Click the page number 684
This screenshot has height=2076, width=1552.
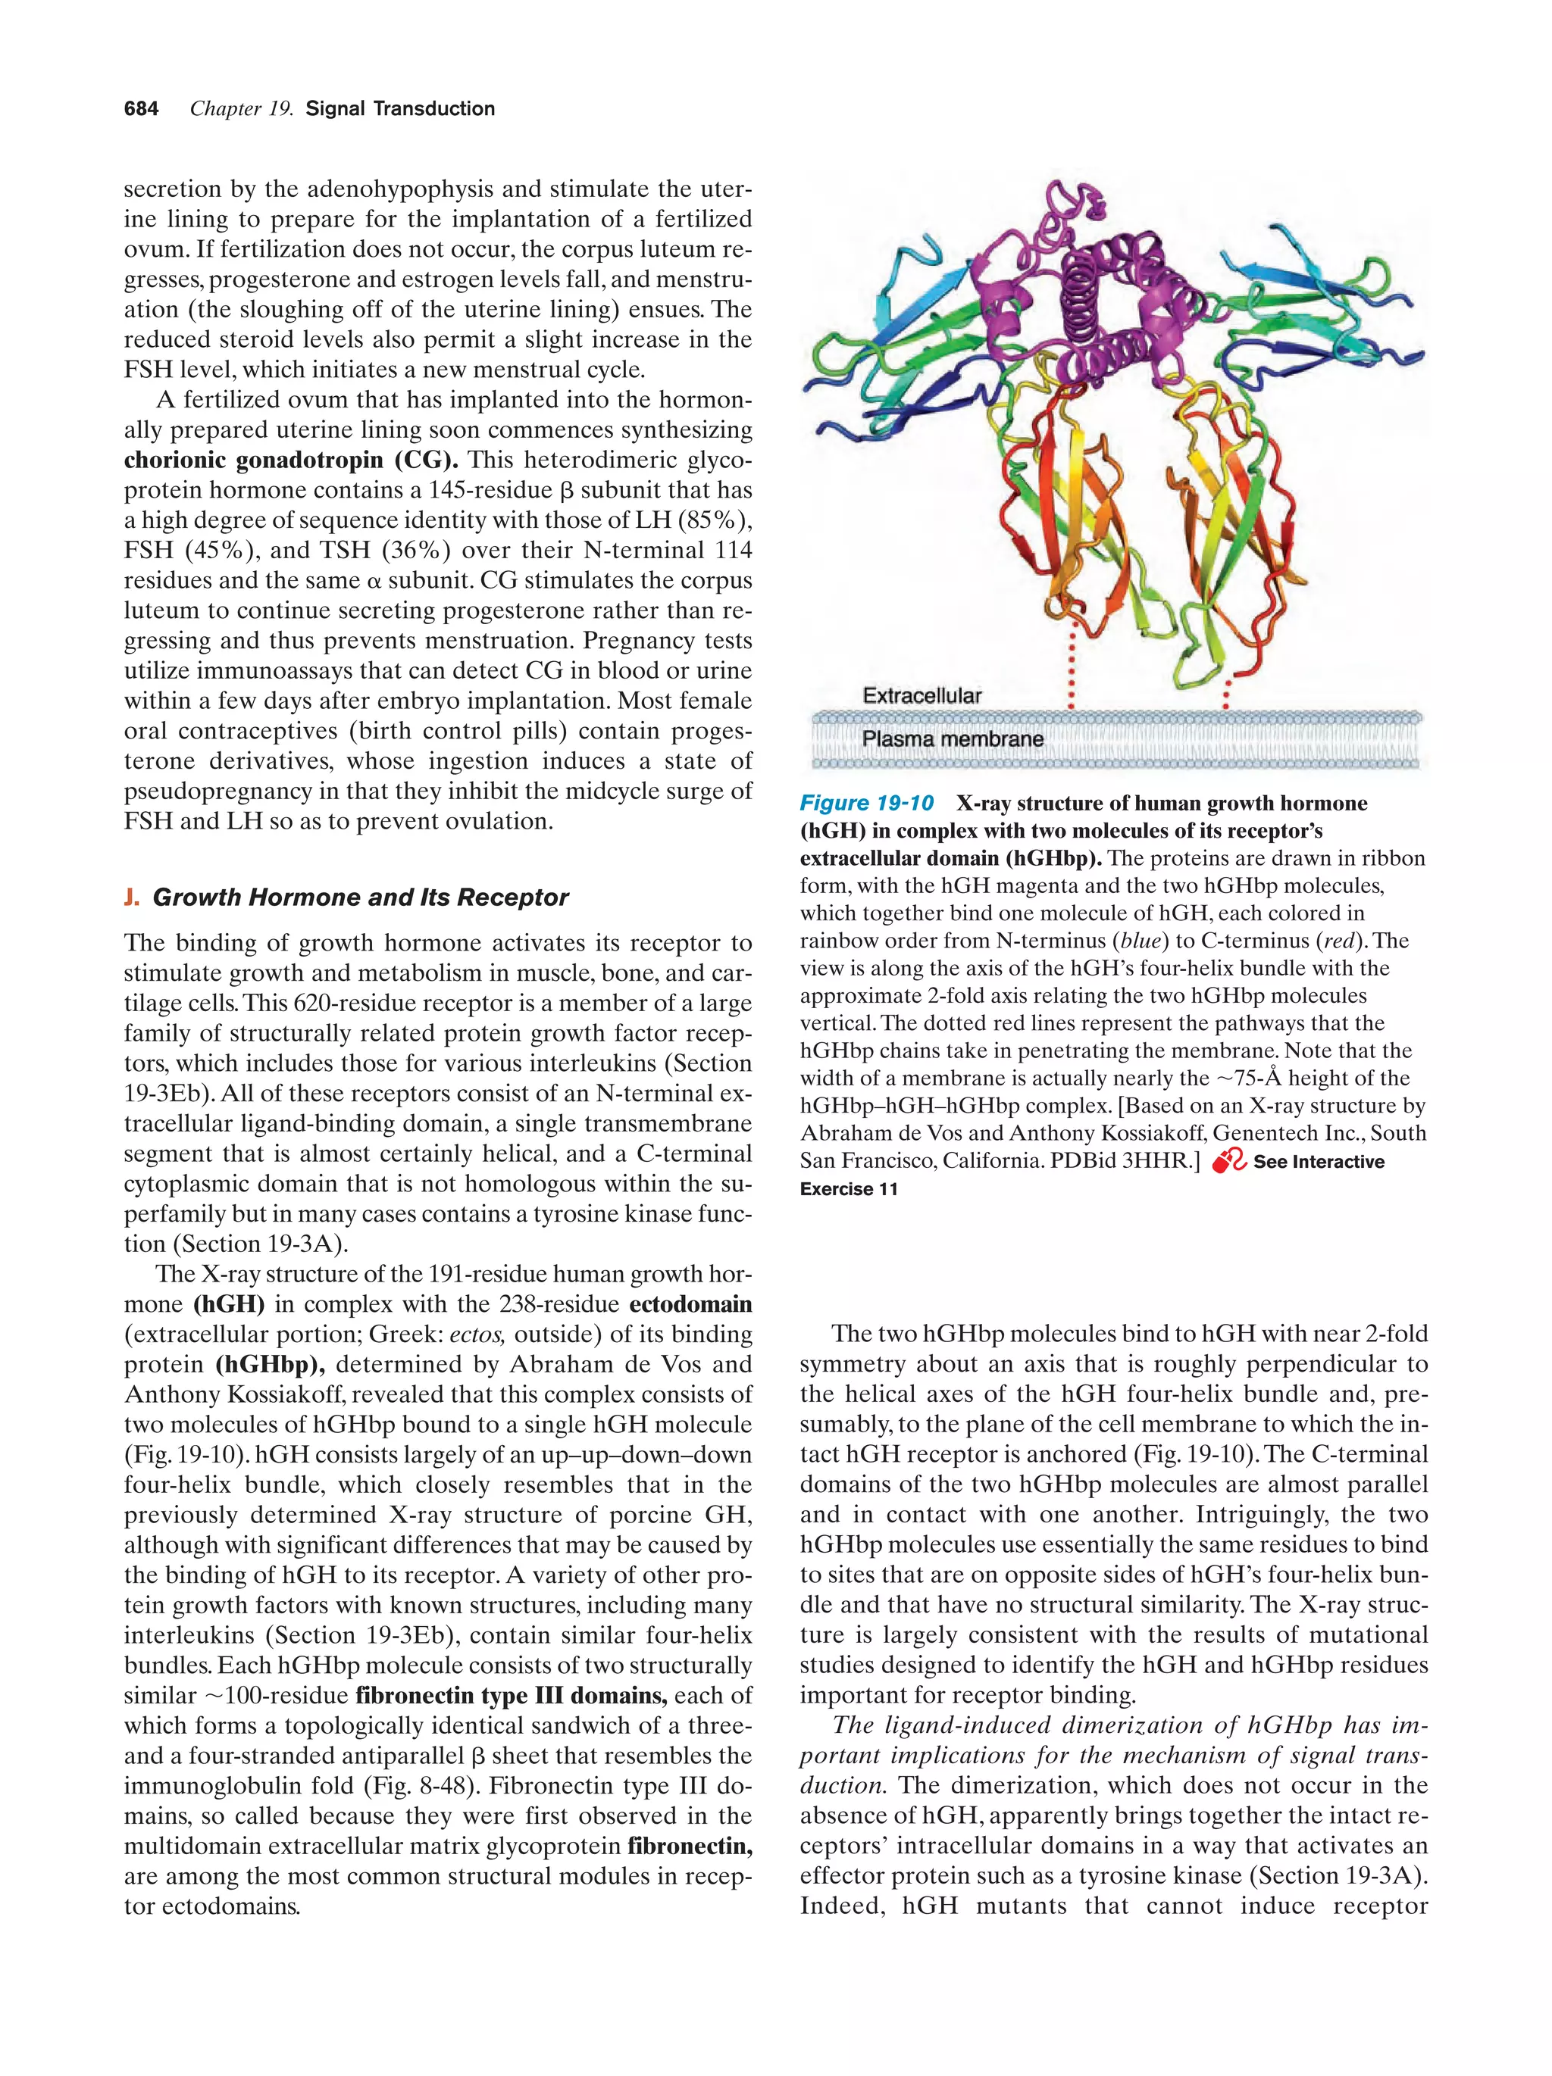tap(141, 109)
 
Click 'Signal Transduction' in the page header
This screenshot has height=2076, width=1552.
tap(400, 109)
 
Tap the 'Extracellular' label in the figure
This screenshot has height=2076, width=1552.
tap(921, 695)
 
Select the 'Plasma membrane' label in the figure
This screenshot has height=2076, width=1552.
tap(952, 738)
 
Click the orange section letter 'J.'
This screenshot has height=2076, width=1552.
tap(131, 898)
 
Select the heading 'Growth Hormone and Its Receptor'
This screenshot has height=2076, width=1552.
tap(361, 898)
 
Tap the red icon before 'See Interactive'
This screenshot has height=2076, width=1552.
tap(1228, 1162)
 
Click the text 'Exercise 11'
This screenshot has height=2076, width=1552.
tap(849, 1189)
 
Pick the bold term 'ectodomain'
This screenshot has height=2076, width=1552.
tap(690, 1303)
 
